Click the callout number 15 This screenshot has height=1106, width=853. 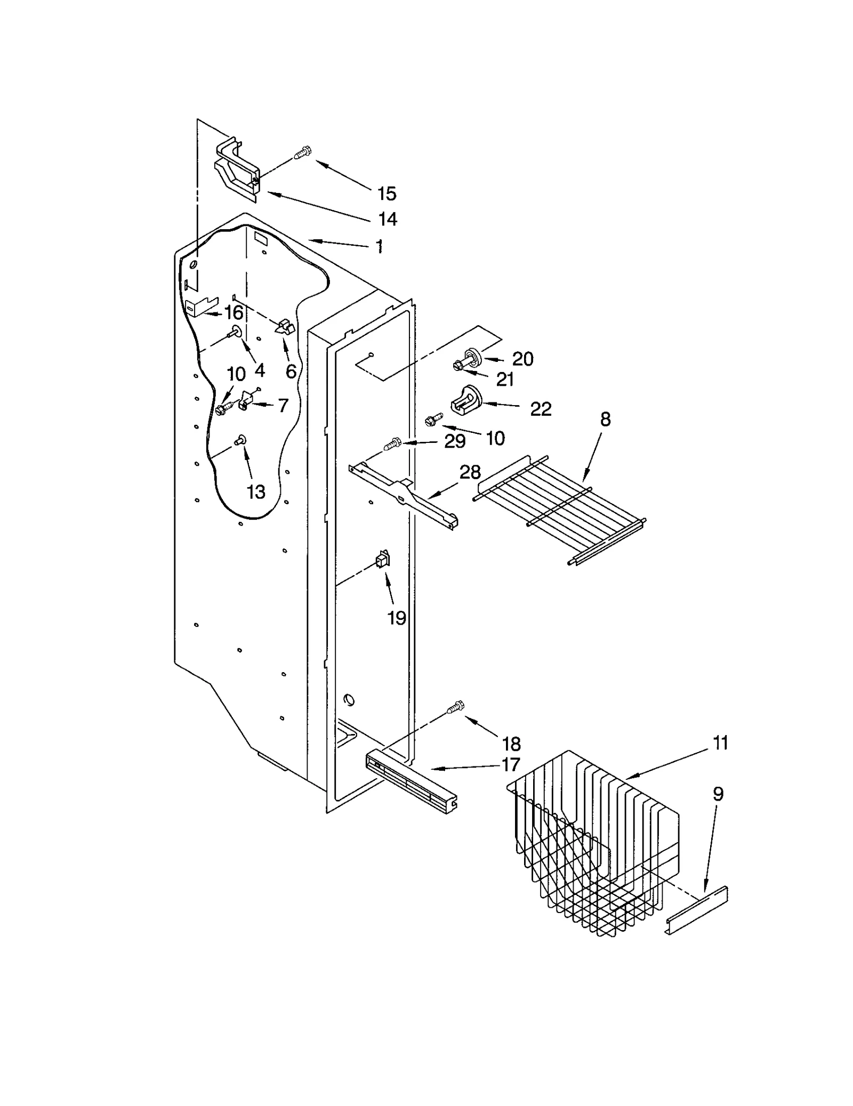click(387, 193)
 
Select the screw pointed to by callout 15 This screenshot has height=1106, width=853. click(303, 154)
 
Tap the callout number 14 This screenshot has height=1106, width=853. click(388, 219)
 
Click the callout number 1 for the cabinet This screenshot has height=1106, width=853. click(379, 246)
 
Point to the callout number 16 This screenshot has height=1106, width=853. click(234, 313)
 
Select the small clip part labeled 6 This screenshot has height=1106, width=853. click(285, 327)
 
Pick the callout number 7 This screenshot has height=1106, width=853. click(283, 406)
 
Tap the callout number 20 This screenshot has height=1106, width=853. click(522, 359)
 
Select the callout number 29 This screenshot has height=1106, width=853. click(455, 441)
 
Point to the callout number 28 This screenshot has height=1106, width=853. click(470, 472)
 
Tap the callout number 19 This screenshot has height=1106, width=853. click(397, 618)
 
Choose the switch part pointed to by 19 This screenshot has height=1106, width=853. click(382, 560)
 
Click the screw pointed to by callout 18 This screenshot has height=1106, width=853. click(455, 707)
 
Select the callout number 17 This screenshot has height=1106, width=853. click(510, 765)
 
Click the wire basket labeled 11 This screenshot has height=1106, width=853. click(592, 847)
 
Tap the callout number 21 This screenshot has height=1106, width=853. click(504, 380)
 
